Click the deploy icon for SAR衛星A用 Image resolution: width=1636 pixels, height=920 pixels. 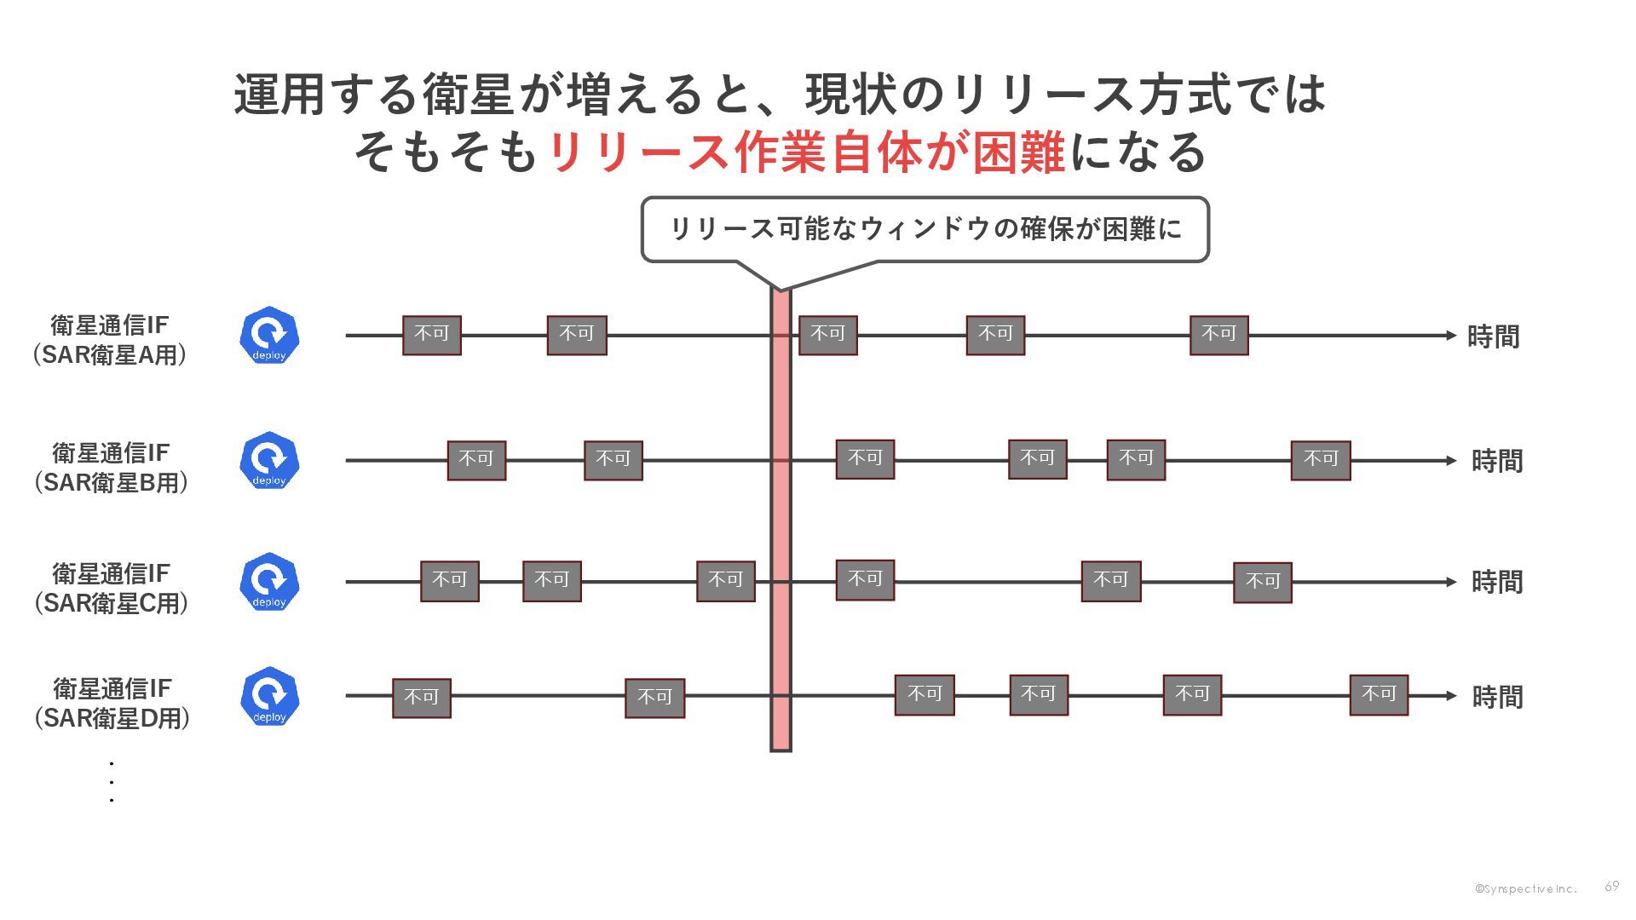(269, 336)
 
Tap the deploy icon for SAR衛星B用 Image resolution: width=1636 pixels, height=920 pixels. (269, 460)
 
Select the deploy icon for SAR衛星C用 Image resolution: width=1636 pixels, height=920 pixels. (269, 582)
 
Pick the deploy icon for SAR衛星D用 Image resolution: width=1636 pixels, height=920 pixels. (269, 696)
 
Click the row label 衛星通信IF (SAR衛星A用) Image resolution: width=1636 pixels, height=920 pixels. (110, 340)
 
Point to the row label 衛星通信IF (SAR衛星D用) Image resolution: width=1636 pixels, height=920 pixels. (112, 704)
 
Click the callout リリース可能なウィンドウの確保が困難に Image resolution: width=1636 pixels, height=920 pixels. (925, 229)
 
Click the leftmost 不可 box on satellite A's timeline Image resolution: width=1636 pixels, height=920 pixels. (432, 335)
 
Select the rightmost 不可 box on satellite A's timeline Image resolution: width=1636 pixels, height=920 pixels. (1218, 335)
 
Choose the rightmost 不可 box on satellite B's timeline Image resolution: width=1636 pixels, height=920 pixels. (1320, 460)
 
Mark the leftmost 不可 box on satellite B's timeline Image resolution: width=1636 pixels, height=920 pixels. (476, 460)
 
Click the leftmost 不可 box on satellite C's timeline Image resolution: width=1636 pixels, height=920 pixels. (450, 581)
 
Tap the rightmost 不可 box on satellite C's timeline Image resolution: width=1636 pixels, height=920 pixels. (1262, 583)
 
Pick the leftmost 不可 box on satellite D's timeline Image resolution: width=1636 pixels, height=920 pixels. (421, 698)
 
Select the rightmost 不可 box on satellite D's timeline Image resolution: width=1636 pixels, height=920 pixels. (1379, 695)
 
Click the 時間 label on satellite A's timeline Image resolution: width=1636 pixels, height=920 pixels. (1493, 337)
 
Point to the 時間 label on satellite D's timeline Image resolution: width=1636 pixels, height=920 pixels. (1497, 698)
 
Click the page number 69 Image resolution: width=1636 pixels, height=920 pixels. (1611, 887)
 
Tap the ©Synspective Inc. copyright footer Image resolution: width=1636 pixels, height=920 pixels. (1525, 889)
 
